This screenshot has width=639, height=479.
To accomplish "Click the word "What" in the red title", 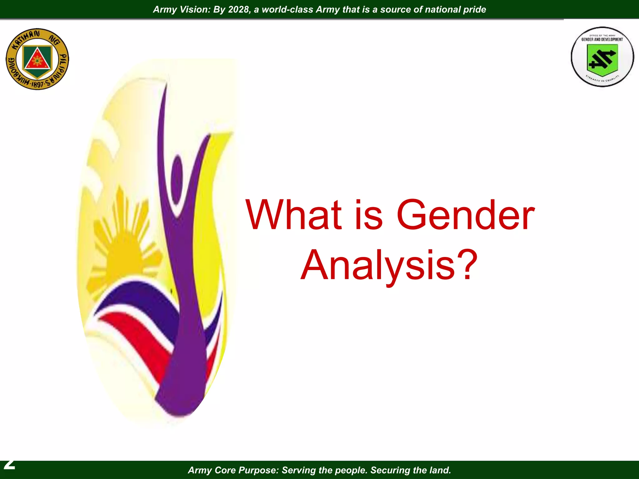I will [294, 215].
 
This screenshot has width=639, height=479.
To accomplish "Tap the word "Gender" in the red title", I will [465, 215].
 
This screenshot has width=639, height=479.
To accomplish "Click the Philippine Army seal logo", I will [37, 59].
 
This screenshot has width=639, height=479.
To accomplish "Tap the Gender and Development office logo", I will [602, 57].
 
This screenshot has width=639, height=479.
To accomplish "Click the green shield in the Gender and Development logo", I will [602, 59].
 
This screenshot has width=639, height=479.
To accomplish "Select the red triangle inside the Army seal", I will [37, 59].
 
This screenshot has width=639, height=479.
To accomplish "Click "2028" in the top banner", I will [239, 9].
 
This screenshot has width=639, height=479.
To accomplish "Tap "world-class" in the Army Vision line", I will [287, 9].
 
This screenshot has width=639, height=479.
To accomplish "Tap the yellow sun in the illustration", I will [125, 249].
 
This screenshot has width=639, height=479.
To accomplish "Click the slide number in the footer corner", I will [9, 465].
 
